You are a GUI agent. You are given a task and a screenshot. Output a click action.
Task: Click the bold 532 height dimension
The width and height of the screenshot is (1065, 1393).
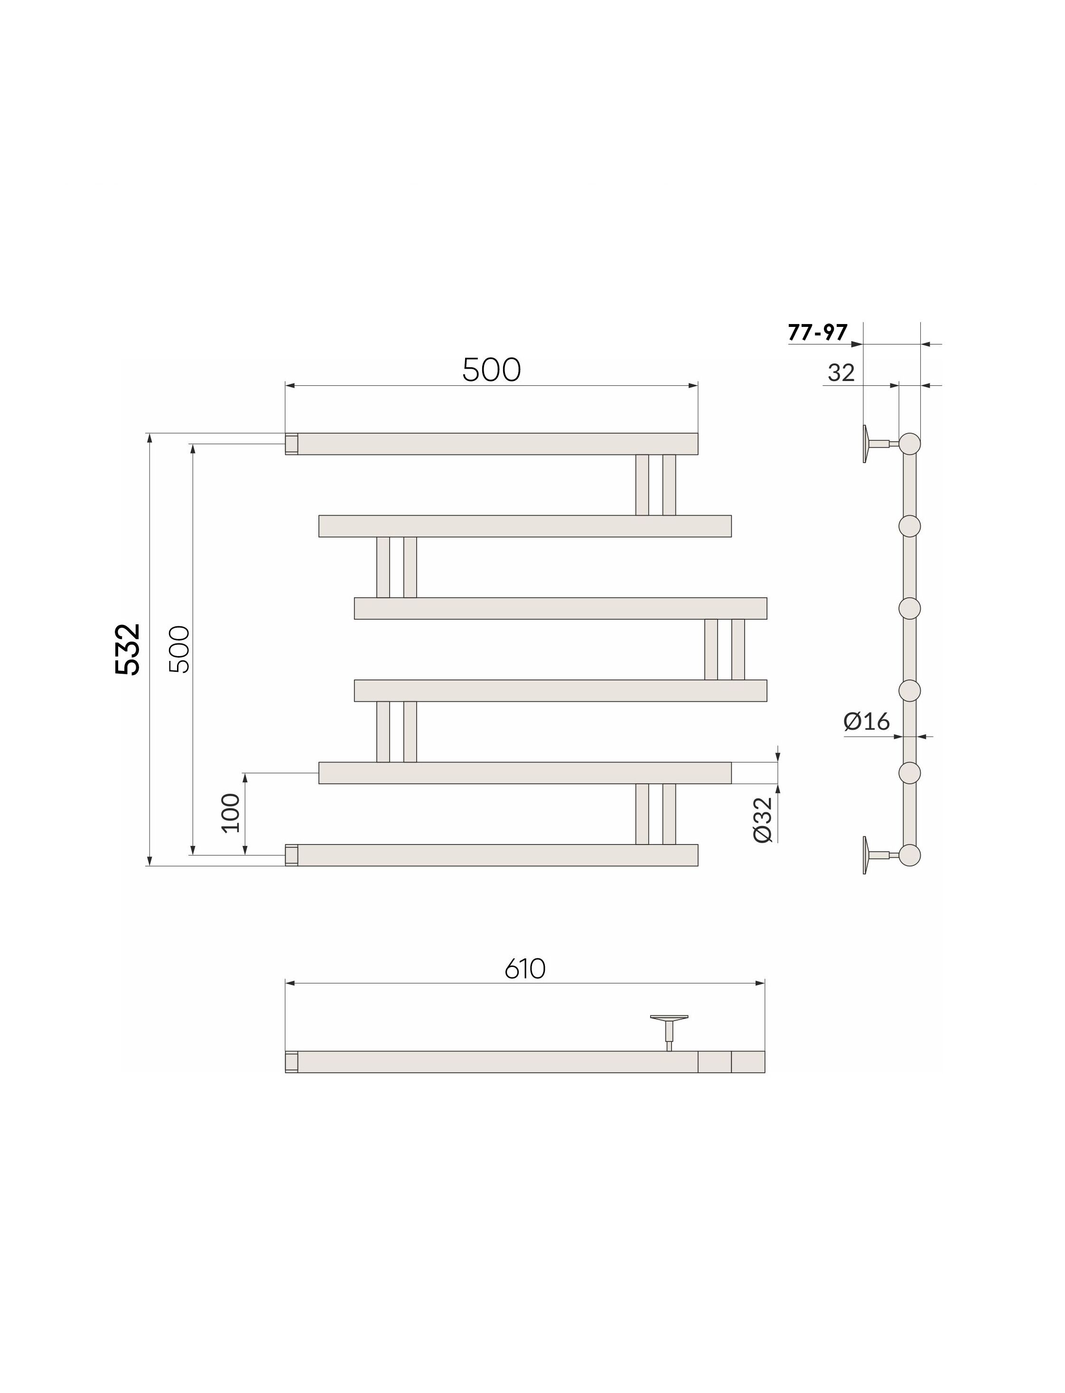128,650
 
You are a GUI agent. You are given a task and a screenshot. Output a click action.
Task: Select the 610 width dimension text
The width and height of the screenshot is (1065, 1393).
525,969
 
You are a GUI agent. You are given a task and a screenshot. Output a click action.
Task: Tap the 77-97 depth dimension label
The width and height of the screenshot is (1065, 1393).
818,332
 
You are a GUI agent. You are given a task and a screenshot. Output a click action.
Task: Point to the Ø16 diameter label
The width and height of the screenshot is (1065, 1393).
867,721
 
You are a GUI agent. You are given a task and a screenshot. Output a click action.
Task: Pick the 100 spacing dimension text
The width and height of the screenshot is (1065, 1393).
232,813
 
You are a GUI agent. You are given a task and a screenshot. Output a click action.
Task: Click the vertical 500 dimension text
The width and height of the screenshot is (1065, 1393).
179,649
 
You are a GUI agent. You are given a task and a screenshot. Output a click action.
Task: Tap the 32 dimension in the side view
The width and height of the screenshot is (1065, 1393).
841,373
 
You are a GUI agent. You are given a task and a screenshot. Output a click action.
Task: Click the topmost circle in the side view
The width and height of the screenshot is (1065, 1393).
910,444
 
